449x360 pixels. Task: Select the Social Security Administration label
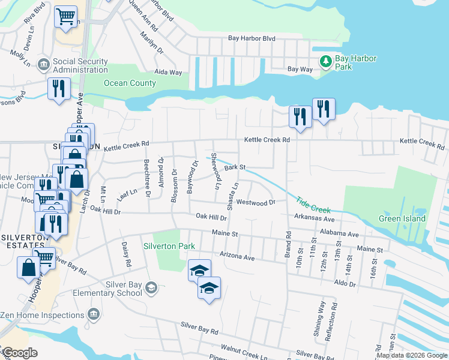[x=80, y=65]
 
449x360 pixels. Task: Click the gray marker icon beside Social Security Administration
[x=43, y=65]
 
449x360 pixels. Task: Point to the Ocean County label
[x=130, y=83]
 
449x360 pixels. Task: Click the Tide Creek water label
[x=313, y=204]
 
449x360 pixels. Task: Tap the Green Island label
[x=402, y=218]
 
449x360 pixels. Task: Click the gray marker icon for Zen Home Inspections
[x=93, y=314]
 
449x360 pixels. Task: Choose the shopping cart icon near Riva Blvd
[x=66, y=16]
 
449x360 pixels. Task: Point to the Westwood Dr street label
[x=255, y=203]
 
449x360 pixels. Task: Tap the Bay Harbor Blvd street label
[x=252, y=38]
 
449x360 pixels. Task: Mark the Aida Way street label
[x=168, y=72]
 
